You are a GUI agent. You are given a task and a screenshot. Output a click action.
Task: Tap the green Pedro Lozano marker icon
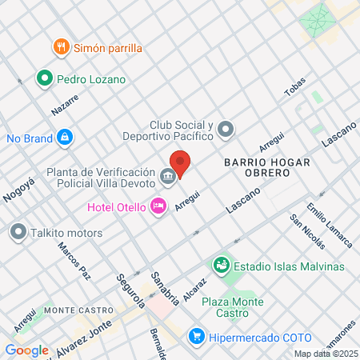point(45,78)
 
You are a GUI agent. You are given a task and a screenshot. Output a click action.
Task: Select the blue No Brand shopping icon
point(64,138)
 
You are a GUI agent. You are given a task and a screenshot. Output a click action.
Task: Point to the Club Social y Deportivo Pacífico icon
point(226,128)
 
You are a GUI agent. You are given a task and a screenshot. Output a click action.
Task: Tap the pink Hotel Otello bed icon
point(158,207)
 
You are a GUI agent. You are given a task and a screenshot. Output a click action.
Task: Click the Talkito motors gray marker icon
point(18,233)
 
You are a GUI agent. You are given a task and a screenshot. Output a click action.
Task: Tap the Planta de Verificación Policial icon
point(167,175)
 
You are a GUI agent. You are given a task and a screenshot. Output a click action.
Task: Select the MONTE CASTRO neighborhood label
point(76,310)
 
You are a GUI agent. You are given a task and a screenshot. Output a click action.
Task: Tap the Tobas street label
point(296,91)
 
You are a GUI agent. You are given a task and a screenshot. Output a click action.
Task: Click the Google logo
point(27,350)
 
